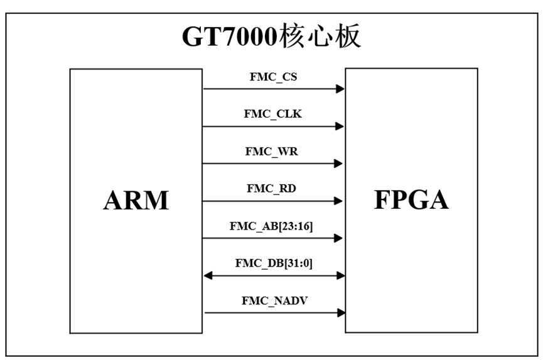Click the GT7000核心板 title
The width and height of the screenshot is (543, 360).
pyautogui.click(x=272, y=37)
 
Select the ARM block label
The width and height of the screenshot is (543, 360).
pyautogui.click(x=136, y=200)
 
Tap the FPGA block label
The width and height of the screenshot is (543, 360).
pyautogui.click(x=411, y=199)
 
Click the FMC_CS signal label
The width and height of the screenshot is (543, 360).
pyautogui.click(x=273, y=78)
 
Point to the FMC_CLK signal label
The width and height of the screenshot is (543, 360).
pyautogui.click(x=273, y=115)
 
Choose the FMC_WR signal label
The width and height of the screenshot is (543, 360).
pyautogui.click(x=273, y=152)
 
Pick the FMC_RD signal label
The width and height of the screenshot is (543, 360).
pyautogui.click(x=273, y=189)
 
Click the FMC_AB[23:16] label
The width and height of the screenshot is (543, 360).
pyautogui.click(x=273, y=226)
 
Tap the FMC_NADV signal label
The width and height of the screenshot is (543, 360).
pyautogui.click(x=274, y=300)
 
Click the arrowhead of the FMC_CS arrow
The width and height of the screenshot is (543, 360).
pyautogui.click(x=341, y=89)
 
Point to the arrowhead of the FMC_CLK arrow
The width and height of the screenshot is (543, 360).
pyautogui.click(x=340, y=127)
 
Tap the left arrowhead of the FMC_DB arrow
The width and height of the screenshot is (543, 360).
pyautogui.click(x=208, y=275)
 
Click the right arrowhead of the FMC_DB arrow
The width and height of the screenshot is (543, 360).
pyautogui.click(x=341, y=275)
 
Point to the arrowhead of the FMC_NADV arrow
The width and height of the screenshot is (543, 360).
pyautogui.click(x=341, y=312)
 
